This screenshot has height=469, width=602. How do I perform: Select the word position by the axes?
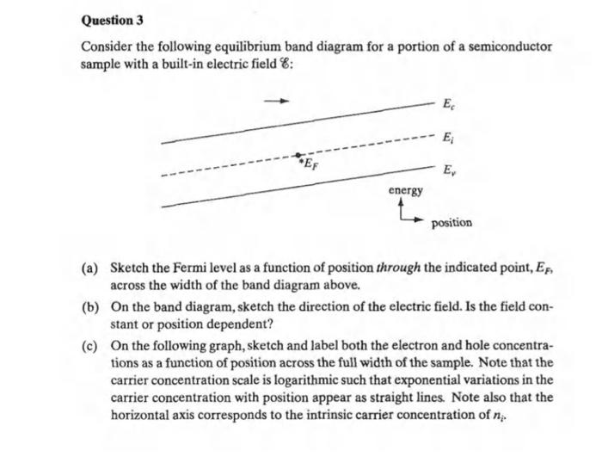(451, 223)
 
